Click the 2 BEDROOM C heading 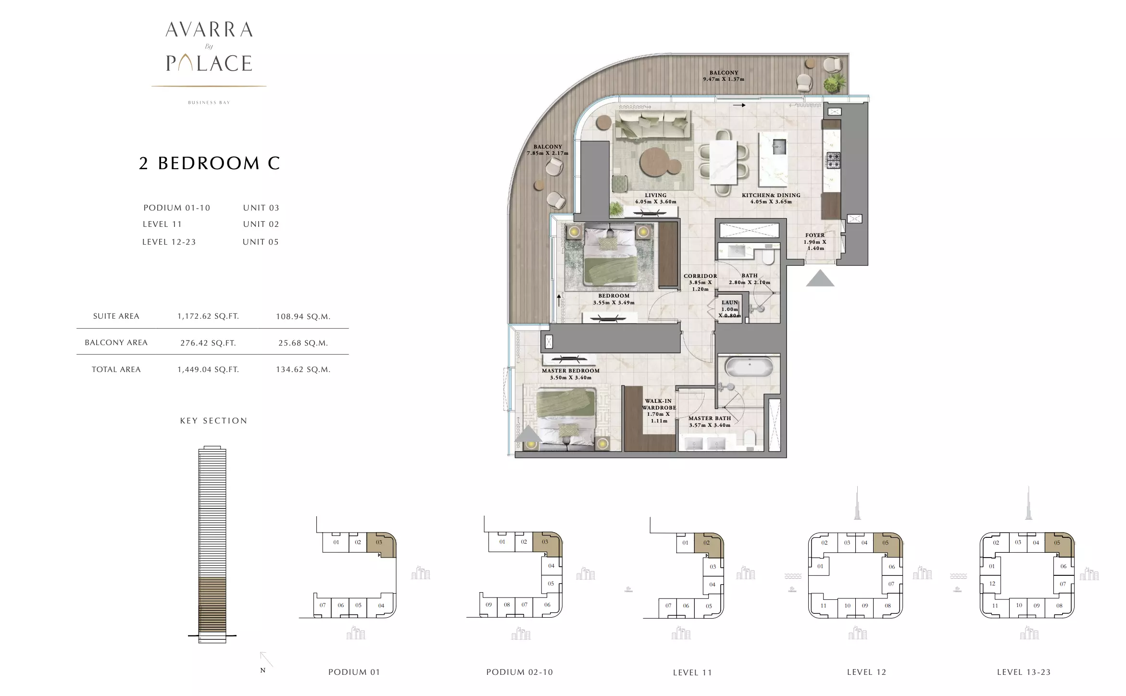point(209,163)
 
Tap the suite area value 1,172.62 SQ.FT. point(208,316)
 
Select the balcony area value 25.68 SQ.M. point(303,343)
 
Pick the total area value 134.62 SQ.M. point(303,370)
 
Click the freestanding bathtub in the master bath point(749,369)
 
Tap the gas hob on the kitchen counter point(833,160)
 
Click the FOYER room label point(815,236)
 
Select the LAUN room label point(729,303)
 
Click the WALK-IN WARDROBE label point(659,404)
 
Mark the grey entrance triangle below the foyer point(820,278)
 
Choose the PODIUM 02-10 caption point(520,672)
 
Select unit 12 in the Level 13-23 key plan point(992,584)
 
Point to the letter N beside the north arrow point(263,670)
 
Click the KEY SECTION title point(213,421)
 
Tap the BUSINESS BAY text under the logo point(209,102)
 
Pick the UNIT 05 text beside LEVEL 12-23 point(261,242)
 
